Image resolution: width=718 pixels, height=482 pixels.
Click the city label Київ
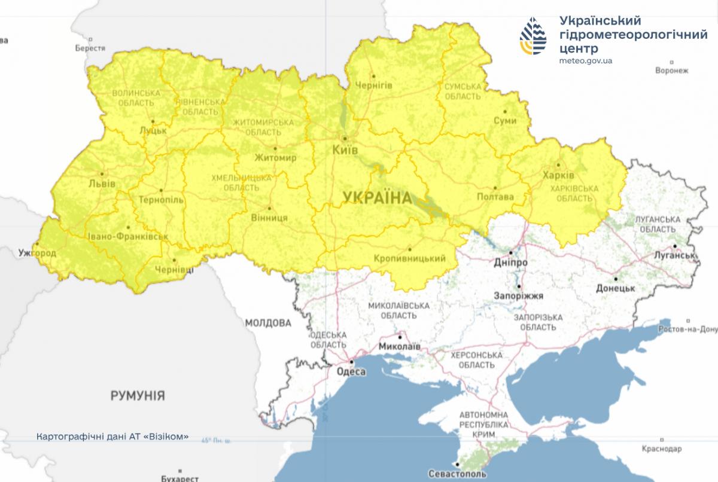pyautogui.click(x=345, y=150)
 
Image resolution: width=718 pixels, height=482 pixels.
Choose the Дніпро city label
pyautogui.click(x=511, y=263)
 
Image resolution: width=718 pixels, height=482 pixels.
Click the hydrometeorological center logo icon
pyautogui.click(x=533, y=36)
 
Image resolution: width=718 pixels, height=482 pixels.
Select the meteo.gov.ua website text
pyautogui.click(x=585, y=60)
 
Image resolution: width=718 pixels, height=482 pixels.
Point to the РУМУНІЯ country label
pyautogui.click(x=138, y=395)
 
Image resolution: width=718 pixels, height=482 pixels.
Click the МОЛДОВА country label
pyautogui.click(x=267, y=323)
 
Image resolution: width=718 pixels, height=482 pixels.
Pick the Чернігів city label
pyautogui.click(x=374, y=86)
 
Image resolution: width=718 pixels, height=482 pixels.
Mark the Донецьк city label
pyautogui.click(x=615, y=288)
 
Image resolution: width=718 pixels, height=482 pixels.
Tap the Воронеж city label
pyautogui.click(x=671, y=71)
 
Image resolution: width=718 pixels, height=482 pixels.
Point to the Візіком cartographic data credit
pyautogui.click(x=112, y=436)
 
